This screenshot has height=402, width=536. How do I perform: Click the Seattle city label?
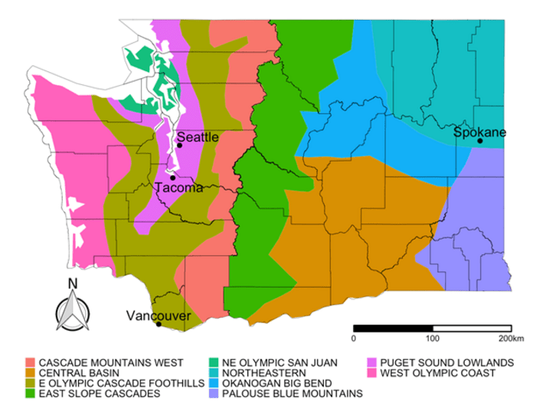198,137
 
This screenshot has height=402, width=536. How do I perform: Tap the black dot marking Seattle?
178,145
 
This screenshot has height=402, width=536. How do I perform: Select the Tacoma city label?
178,188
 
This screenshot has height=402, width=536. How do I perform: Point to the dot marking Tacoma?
173,178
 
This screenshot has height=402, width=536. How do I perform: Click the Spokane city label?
479,132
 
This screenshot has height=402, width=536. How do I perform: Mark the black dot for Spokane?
479,141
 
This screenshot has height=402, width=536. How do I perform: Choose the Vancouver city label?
159,315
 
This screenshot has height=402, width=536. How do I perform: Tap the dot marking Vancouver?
159,324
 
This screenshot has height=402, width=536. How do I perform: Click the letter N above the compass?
72,283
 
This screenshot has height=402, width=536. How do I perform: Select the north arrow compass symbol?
72,310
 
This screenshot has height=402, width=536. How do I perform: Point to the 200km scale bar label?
509,337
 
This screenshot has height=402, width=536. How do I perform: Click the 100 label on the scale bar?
433,337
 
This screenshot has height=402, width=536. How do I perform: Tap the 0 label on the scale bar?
354,337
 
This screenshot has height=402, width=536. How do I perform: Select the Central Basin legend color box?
31,372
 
